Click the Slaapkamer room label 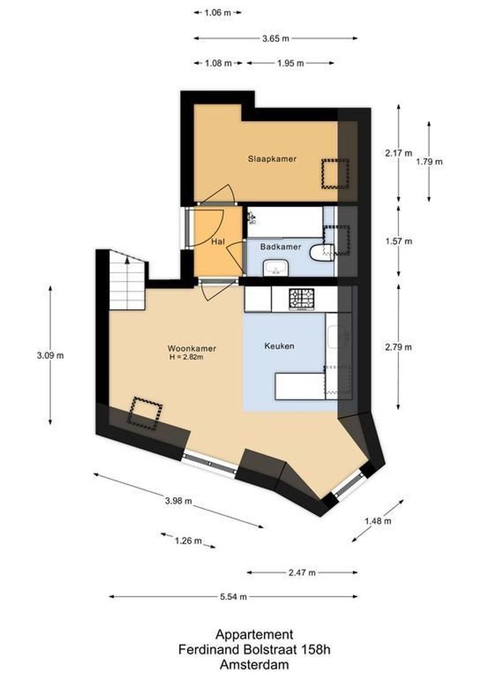pos(271,159)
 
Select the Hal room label pos(218,242)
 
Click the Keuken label pos(279,346)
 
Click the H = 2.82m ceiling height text pos(186,357)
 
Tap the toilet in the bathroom pos(322,252)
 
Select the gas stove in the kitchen pos(302,299)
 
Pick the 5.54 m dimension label pos(233,597)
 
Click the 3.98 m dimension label pos(178,500)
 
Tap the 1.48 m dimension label pos(378,520)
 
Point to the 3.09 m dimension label pos(50,355)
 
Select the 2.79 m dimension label pos(399,347)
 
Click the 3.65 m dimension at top pos(276,38)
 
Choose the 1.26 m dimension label pos(188,541)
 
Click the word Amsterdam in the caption pos(254,664)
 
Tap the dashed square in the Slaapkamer pos(335,173)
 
